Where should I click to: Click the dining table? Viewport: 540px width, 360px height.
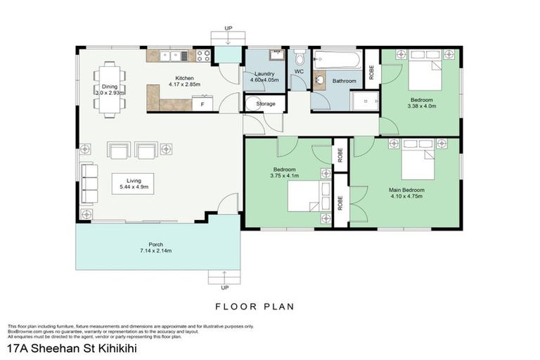110,89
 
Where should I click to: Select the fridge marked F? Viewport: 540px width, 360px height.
202,104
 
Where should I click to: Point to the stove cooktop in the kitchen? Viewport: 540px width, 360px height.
204,55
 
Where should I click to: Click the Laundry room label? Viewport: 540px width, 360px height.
264,77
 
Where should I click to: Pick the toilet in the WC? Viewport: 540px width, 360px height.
299,58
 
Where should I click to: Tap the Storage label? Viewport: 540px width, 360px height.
265,103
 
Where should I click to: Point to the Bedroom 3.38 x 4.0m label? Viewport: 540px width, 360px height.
422,103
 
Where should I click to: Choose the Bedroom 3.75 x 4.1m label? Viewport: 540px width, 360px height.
284,172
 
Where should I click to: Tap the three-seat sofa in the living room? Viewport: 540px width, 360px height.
89,183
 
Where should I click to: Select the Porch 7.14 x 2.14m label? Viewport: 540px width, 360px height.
155,247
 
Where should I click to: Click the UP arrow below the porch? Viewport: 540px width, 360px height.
225,279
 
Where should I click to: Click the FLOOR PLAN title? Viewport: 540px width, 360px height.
254,307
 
